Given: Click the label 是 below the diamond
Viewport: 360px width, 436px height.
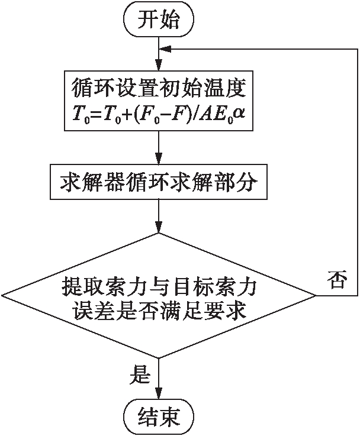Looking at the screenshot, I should click(140, 373).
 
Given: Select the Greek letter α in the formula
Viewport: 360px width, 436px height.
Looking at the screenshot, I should click(238, 117).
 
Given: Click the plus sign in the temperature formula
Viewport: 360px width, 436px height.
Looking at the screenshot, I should click(127, 117).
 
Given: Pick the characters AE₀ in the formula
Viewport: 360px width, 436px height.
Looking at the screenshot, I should click(214, 117).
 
